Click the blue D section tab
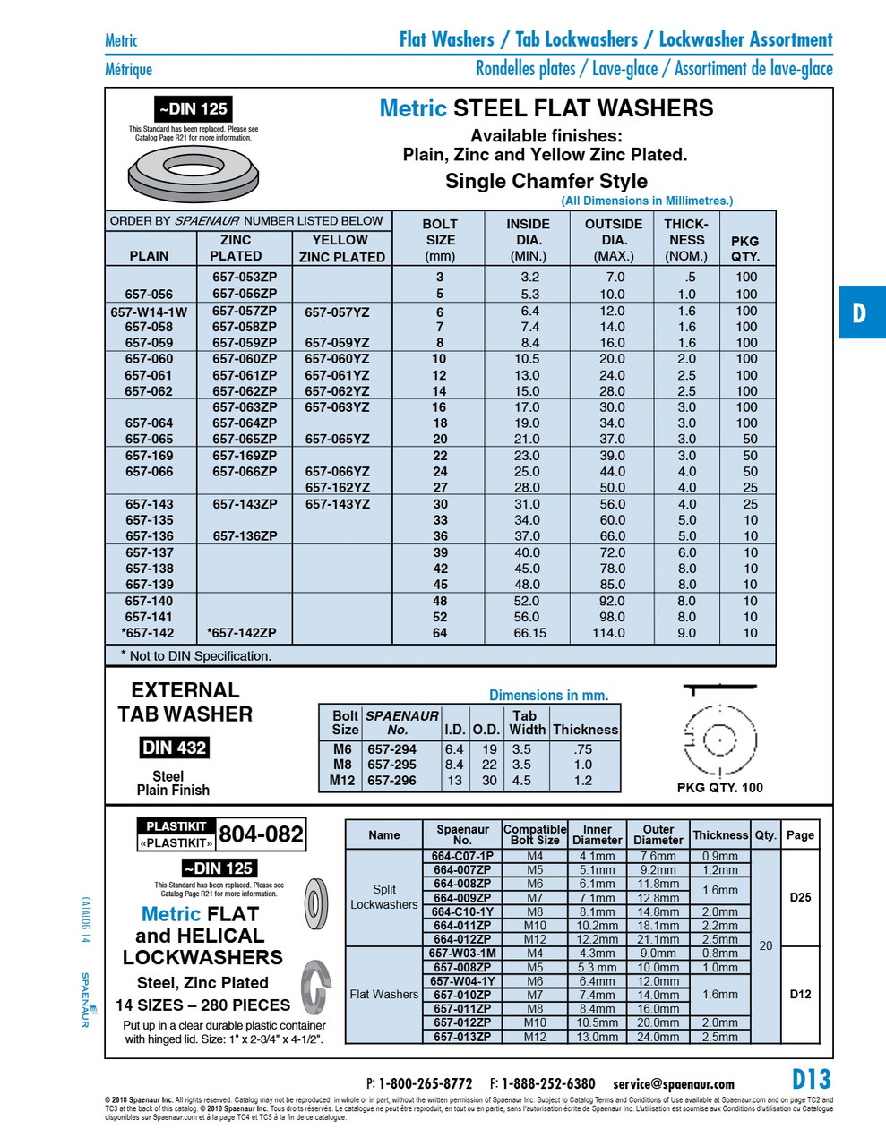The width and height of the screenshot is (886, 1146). pyautogui.click(x=861, y=312)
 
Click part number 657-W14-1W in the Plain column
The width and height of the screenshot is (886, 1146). pyautogui.click(x=149, y=312)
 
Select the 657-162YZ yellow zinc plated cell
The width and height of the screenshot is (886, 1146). pyautogui.click(x=337, y=488)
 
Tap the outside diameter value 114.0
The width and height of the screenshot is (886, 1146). pyautogui.click(x=608, y=633)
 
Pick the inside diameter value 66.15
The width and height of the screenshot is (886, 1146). pyautogui.click(x=529, y=633)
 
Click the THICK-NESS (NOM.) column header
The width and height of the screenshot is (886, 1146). pyautogui.click(x=686, y=240)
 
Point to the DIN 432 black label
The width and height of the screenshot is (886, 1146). pyautogui.click(x=174, y=748)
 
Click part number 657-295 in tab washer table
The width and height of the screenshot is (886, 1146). pyautogui.click(x=391, y=765)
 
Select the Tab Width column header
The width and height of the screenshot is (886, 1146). pyautogui.click(x=527, y=723)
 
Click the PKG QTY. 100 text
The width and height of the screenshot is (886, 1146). pyautogui.click(x=720, y=788)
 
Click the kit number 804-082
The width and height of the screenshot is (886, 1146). pyautogui.click(x=262, y=834)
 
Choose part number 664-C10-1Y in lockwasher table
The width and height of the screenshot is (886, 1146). pyautogui.click(x=462, y=911)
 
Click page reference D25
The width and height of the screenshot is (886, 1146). pyautogui.click(x=800, y=897)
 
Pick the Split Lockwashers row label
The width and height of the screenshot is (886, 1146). pyautogui.click(x=383, y=897)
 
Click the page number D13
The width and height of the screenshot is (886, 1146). pyautogui.click(x=811, y=1079)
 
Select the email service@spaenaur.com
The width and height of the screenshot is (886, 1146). pyautogui.click(x=674, y=1084)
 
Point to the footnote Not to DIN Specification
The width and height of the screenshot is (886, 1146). pyautogui.click(x=197, y=655)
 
